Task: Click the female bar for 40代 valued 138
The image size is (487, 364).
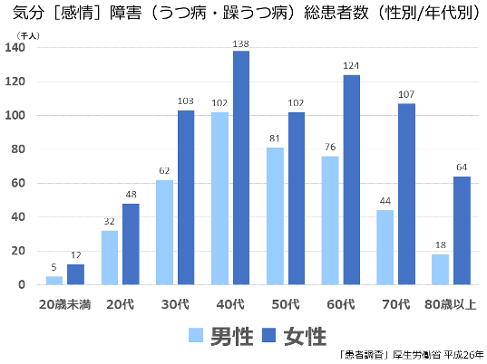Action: pos(241,168)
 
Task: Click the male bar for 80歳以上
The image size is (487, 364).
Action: pos(441,269)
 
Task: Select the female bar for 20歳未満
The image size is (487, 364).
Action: pos(75,274)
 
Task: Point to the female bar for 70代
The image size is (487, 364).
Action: pos(407,194)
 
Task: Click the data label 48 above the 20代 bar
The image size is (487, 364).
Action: pos(131,195)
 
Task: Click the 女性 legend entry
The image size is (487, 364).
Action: pos(291,336)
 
